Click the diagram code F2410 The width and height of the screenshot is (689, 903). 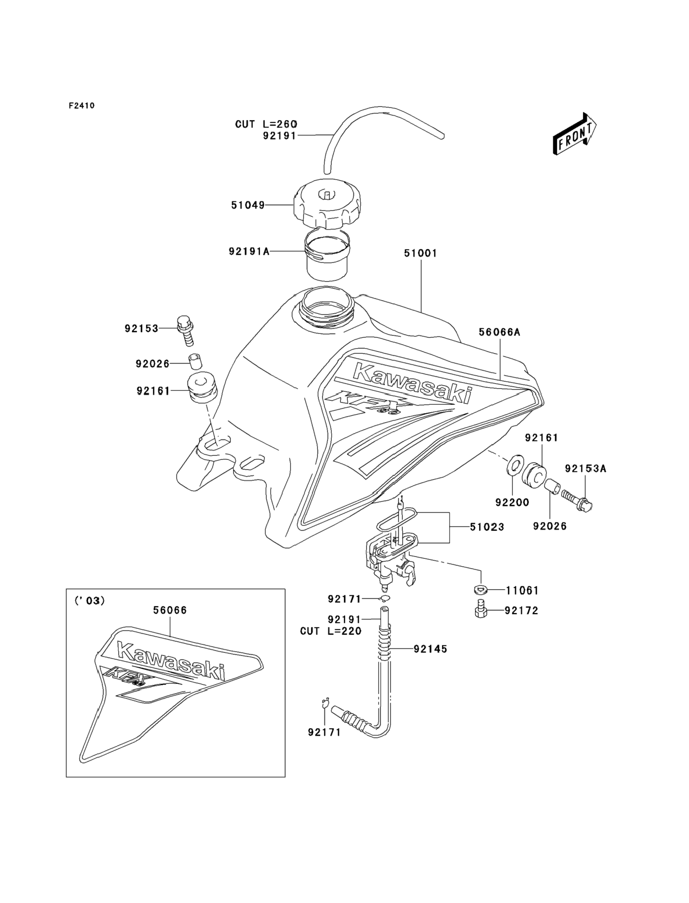82,106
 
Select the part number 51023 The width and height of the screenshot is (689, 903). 487,527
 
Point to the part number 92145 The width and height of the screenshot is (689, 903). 430,649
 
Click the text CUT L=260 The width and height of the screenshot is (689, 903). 266,124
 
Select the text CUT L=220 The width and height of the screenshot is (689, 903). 330,631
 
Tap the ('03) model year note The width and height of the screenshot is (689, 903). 89,601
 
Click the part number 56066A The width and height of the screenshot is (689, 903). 499,332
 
